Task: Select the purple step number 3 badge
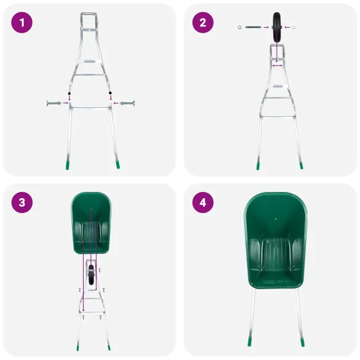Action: (22, 202)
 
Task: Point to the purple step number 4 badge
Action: (202, 202)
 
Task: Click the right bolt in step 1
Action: (127, 103)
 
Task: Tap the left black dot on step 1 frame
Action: (70, 93)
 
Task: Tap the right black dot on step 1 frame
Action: (111, 93)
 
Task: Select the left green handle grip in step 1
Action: (68, 165)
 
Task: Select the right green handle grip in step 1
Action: (117, 165)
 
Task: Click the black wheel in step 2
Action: (278, 27)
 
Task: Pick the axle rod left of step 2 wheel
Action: (253, 28)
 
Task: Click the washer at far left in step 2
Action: (239, 28)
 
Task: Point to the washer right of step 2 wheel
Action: (294, 28)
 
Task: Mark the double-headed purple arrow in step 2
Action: (278, 65)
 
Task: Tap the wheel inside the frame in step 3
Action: (92, 273)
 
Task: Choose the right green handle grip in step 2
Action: (301, 165)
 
